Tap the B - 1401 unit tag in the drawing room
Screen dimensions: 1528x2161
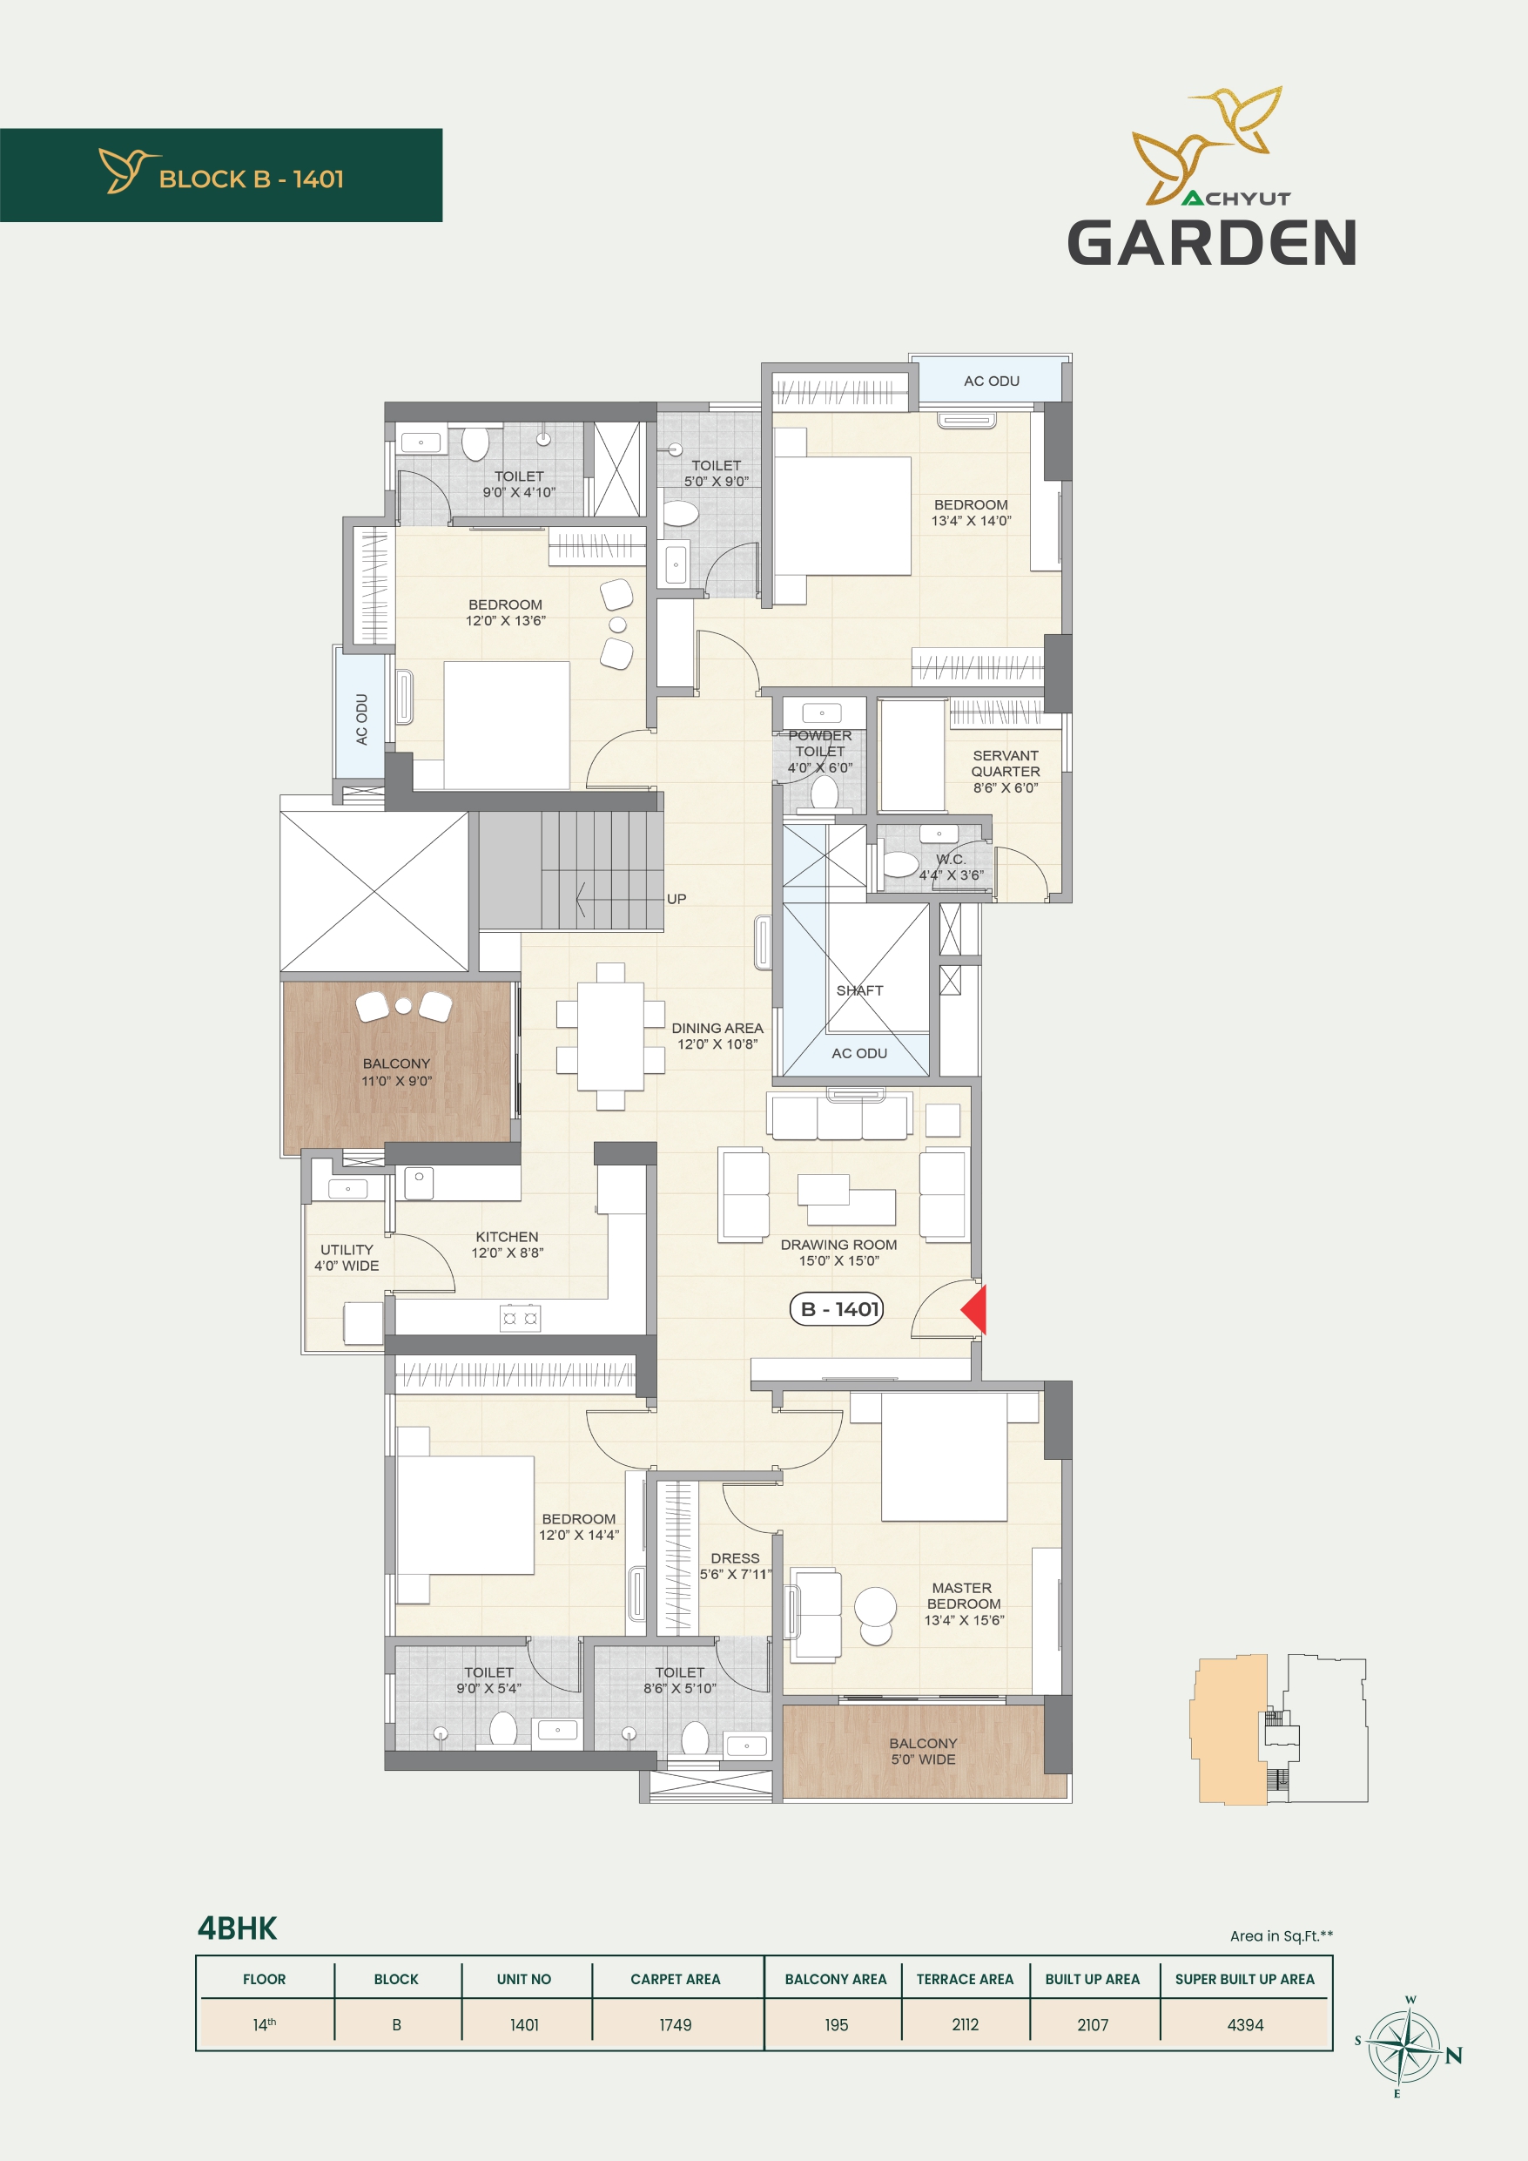pos(837,1309)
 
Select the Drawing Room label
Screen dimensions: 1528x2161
pos(838,1253)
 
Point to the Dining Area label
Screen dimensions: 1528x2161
pos(717,1037)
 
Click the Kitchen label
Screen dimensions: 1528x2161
pos(507,1245)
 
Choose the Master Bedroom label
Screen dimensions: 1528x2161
pos(964,1604)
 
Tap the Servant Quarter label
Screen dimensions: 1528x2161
pos(1006,772)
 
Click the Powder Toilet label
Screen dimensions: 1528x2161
pos(820,751)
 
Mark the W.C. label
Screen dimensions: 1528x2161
pos(952,867)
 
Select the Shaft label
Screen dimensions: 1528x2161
pos(860,990)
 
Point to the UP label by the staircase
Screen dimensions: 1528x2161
pos(676,899)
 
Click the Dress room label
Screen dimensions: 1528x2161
pos(735,1566)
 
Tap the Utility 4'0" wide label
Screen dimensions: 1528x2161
pos(347,1258)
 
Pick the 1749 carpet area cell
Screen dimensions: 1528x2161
pos(676,2024)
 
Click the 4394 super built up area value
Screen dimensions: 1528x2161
pos(1245,2024)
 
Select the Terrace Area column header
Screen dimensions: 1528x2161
pos(965,1979)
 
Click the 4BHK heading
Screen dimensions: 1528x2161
pos(237,1928)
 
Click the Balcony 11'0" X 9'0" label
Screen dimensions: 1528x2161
pos(396,1072)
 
